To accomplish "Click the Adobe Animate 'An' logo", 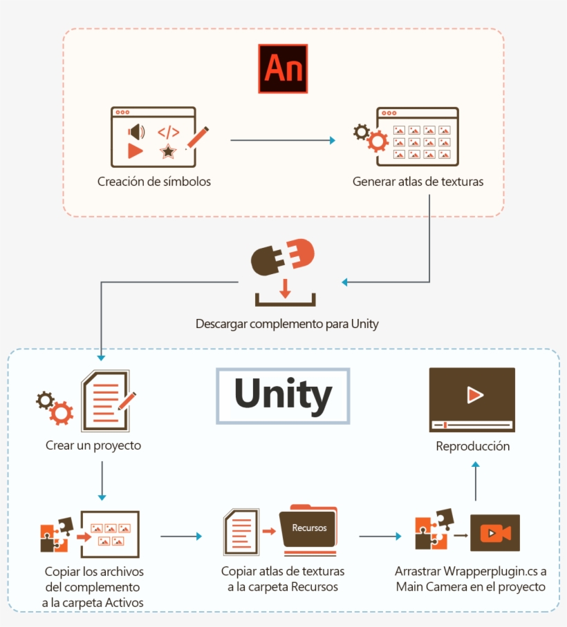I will (x=282, y=68).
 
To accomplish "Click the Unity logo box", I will (x=283, y=395).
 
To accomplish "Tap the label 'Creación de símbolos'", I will (x=154, y=182).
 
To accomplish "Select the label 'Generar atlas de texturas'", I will (x=418, y=182).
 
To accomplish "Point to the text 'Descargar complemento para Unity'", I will (x=287, y=323).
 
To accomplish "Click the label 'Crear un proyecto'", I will (x=93, y=445).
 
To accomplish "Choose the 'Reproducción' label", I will (x=473, y=446).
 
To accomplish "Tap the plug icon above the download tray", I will (x=281, y=258).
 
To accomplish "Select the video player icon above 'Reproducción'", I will (x=472, y=400).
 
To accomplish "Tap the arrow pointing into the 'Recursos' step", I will (x=181, y=536).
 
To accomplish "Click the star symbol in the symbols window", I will (x=167, y=151).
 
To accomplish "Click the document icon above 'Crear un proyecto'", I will (x=108, y=400).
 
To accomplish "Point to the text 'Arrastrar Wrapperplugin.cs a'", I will (x=471, y=572).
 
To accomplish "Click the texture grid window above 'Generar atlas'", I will (x=417, y=137).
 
